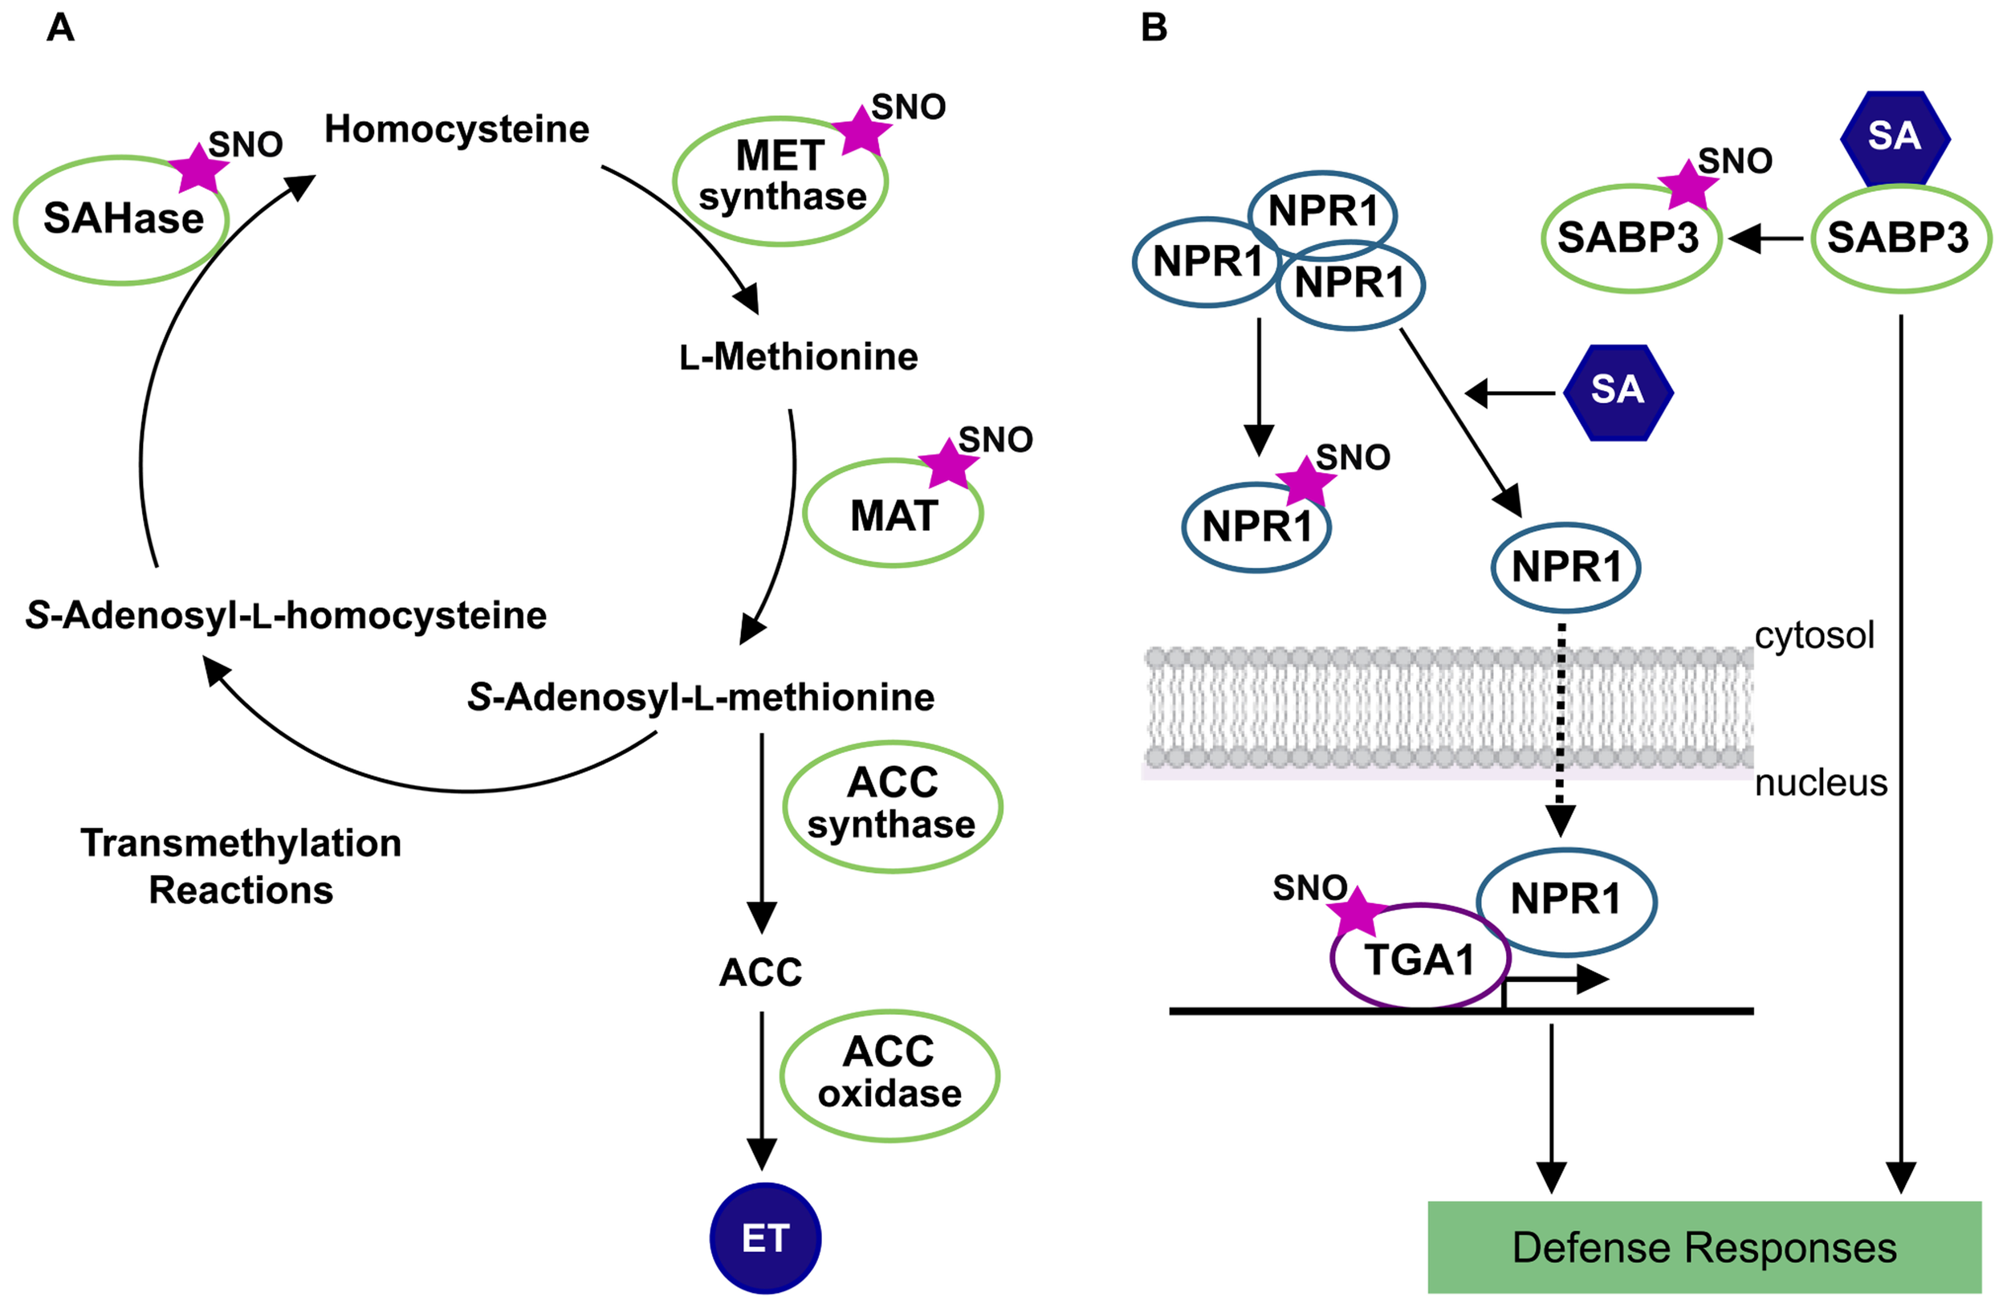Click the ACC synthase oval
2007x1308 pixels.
(892, 805)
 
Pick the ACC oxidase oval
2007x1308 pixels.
(890, 1074)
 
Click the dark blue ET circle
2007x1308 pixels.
(765, 1238)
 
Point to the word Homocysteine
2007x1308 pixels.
(456, 130)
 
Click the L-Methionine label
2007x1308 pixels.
(798, 357)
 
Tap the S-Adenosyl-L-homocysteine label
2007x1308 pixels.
(286, 616)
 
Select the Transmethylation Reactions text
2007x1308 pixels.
(241, 866)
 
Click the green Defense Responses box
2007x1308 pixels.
(1704, 1247)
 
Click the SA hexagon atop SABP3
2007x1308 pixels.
(1894, 137)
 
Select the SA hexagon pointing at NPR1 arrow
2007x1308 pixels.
(1618, 391)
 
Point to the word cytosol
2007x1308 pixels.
(1814, 635)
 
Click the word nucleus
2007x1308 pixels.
(1821, 783)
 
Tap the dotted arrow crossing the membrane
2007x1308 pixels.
(1560, 725)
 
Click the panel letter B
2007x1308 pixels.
(1154, 28)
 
